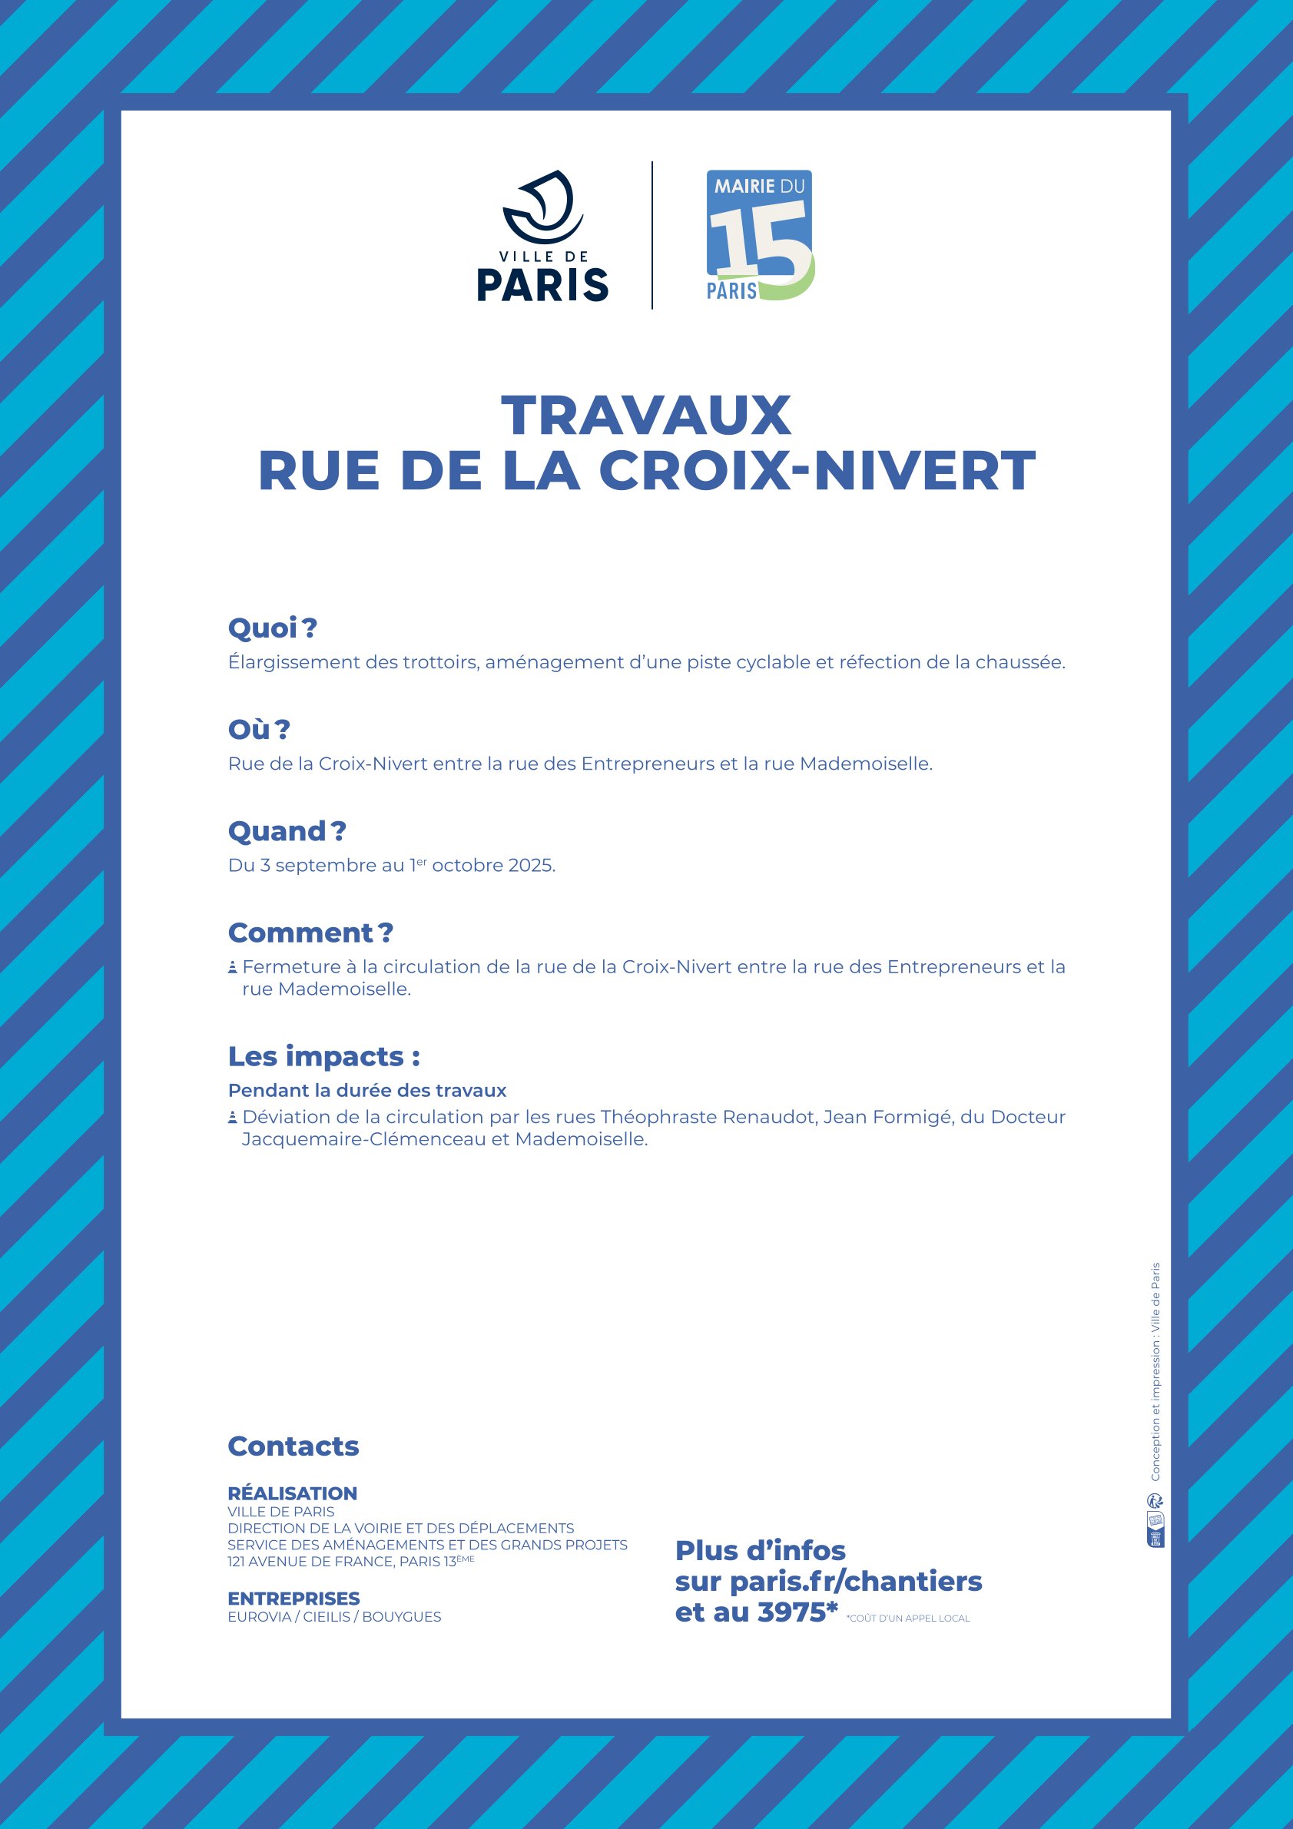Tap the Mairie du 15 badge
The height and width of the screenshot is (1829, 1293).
point(760,235)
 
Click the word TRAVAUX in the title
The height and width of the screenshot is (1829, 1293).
point(646,416)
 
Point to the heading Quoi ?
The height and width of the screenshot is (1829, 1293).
point(273,628)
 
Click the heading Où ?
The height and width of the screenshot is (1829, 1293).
point(259,730)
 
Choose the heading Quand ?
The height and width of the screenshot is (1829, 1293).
point(287,832)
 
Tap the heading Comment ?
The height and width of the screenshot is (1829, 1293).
point(310,933)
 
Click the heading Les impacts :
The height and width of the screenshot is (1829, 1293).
point(323,1056)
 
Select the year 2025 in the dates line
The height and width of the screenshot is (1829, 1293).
point(530,866)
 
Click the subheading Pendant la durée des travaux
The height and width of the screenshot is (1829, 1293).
point(366,1091)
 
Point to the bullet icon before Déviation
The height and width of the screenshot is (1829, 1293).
point(233,1118)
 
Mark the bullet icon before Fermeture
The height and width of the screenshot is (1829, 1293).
point(233,968)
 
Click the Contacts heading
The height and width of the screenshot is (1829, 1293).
point(293,1446)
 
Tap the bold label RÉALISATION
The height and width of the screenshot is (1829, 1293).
point(293,1493)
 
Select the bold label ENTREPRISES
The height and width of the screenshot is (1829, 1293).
point(293,1599)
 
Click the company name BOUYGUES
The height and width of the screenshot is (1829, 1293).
point(402,1617)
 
